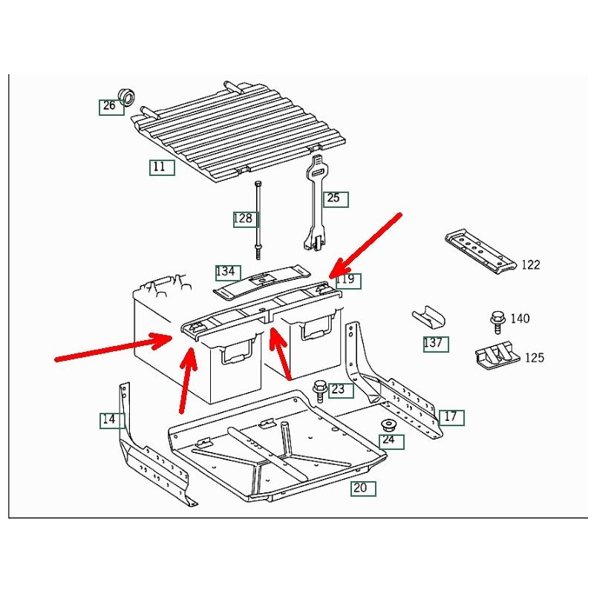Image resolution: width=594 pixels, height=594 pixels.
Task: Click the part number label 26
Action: click(x=110, y=106)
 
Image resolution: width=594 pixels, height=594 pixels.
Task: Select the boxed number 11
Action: click(x=160, y=167)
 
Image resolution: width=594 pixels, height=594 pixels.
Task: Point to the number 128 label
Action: click(x=243, y=218)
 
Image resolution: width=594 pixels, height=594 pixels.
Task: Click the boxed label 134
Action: click(x=226, y=271)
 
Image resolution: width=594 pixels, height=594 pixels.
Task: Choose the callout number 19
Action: click(x=347, y=280)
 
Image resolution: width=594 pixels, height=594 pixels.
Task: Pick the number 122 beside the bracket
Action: click(x=530, y=265)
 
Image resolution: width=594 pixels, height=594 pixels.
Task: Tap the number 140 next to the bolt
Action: click(x=520, y=319)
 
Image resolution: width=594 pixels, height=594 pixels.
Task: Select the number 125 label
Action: click(x=534, y=358)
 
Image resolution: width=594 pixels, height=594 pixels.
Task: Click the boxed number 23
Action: click(x=338, y=389)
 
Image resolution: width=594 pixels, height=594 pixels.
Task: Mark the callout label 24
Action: click(x=389, y=441)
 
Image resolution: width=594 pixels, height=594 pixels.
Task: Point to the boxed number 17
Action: click(x=451, y=417)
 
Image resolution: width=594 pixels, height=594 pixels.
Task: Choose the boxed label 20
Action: click(x=362, y=488)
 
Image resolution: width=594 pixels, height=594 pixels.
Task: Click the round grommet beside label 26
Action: click(x=128, y=96)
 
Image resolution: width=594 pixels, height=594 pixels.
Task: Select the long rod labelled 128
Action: click(x=258, y=218)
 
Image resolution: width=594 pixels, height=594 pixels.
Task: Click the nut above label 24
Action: click(x=388, y=425)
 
